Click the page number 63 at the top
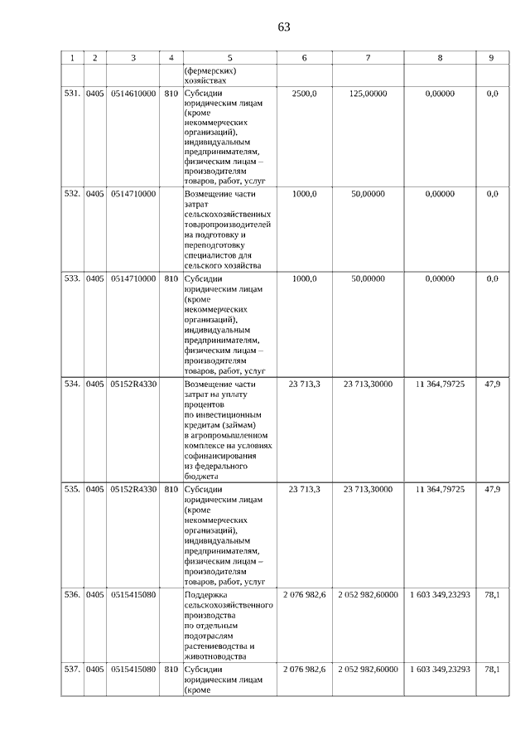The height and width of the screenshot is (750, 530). [x=284, y=27]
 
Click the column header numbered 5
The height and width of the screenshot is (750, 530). [x=229, y=58]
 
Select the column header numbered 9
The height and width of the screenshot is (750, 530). [x=492, y=58]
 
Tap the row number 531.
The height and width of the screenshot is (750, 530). [x=72, y=94]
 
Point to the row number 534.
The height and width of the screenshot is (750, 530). [x=72, y=385]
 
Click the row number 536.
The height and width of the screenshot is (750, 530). [x=72, y=595]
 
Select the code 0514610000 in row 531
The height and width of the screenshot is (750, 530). [x=133, y=94]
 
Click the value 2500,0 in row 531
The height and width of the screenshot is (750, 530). [x=305, y=94]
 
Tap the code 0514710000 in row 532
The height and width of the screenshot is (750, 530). [x=133, y=193]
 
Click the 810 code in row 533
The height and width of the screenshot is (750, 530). [x=171, y=279]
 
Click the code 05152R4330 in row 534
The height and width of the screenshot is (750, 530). [x=133, y=385]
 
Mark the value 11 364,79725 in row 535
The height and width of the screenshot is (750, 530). [x=440, y=490]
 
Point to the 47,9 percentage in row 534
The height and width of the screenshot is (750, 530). [x=492, y=385]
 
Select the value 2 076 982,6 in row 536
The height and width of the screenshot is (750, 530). [x=305, y=595]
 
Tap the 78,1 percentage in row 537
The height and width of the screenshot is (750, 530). [x=492, y=669]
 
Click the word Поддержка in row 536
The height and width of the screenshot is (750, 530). [x=207, y=595]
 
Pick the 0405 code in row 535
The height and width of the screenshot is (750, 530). [x=95, y=490]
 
